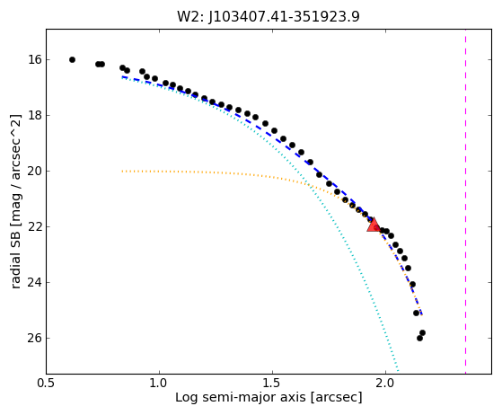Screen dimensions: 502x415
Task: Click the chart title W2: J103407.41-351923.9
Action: click(269, 16)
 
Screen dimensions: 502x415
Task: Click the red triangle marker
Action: click(374, 225)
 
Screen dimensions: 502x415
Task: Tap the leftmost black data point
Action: click(73, 59)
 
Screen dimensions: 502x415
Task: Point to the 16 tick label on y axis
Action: click(35, 59)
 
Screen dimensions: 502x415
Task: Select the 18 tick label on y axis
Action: click(35, 115)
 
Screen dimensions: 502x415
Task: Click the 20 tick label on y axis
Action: click(35, 171)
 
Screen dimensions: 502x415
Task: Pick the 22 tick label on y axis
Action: click(35, 226)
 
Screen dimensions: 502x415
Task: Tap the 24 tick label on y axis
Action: click(35, 282)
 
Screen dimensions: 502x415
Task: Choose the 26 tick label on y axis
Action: click(35, 338)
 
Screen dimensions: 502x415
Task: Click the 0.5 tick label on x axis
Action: click(47, 383)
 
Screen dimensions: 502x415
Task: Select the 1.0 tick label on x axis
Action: click(160, 383)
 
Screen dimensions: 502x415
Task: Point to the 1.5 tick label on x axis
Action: click(272, 383)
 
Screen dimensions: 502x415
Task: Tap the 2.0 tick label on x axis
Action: click(385, 383)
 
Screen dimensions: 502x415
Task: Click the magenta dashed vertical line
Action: click(465, 201)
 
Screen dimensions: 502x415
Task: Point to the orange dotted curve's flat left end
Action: click(122, 172)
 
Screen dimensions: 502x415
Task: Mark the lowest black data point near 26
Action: click(419, 338)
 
